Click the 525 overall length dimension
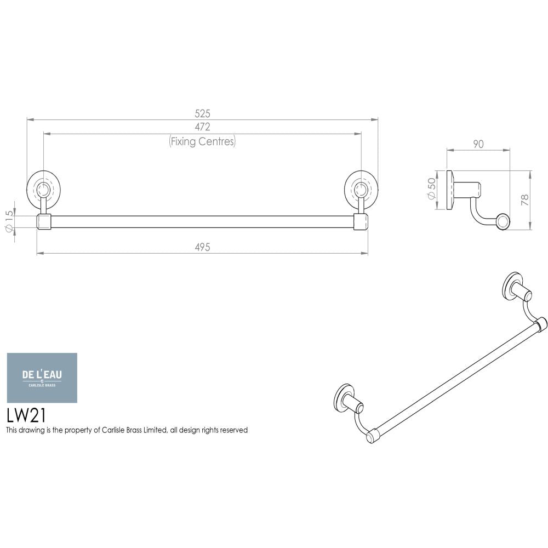203,114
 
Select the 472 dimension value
203,127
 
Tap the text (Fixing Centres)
202,141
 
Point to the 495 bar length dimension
202,248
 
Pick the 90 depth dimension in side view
478,144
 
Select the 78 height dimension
524,200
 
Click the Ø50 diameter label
431,190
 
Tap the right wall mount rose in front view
361,189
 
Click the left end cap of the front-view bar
44,222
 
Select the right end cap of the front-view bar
361,222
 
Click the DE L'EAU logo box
42,378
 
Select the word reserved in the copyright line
233,430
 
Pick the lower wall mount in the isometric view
346,398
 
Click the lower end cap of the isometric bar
372,435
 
